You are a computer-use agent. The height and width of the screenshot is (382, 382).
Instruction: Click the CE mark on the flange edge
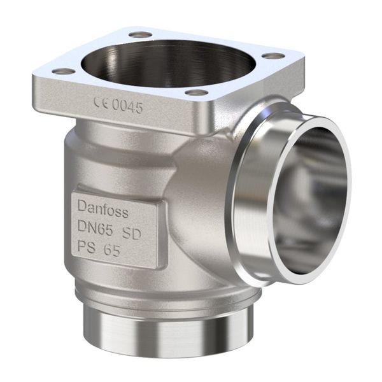[x=101, y=102]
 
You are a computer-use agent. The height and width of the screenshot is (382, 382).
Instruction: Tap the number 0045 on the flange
[x=127, y=106]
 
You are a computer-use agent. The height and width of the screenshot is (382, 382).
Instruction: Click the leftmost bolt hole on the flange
[x=62, y=71]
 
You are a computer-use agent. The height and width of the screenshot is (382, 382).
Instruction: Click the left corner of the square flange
[x=35, y=80]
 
